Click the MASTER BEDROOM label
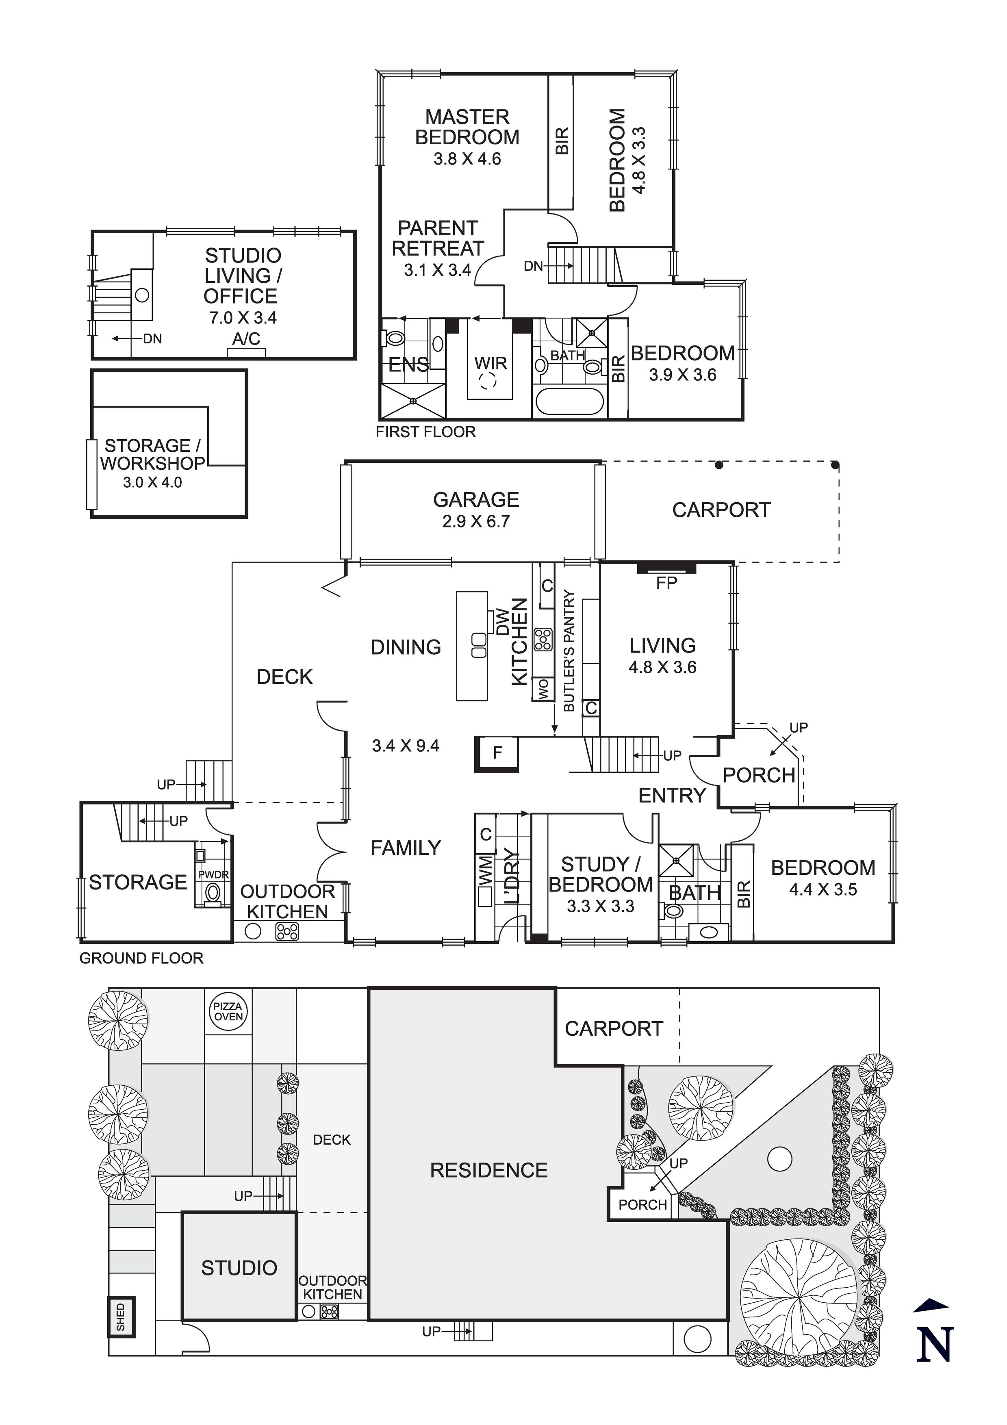(467, 127)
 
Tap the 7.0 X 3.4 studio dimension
(243, 318)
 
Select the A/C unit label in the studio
(246, 339)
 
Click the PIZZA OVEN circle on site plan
(228, 1012)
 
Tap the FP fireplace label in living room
(666, 582)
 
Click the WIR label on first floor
(490, 363)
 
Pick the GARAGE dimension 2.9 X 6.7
(475, 521)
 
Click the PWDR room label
(213, 874)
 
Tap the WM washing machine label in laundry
(486, 870)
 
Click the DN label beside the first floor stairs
(533, 266)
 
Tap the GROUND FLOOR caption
(141, 958)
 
